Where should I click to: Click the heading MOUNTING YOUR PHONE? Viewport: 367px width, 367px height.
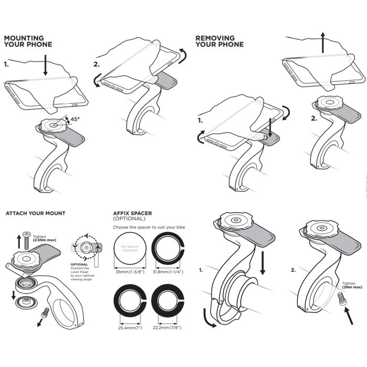click(28, 41)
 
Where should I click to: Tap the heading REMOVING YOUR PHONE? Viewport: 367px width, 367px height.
click(219, 41)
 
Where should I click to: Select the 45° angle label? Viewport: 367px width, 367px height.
click(74, 120)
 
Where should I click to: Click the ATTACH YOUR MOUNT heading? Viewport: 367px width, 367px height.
click(35, 213)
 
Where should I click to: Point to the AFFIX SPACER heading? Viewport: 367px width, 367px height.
click(133, 213)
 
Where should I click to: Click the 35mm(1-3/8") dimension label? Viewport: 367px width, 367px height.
click(128, 272)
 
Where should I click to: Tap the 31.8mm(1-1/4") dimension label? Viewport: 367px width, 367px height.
click(167, 272)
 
